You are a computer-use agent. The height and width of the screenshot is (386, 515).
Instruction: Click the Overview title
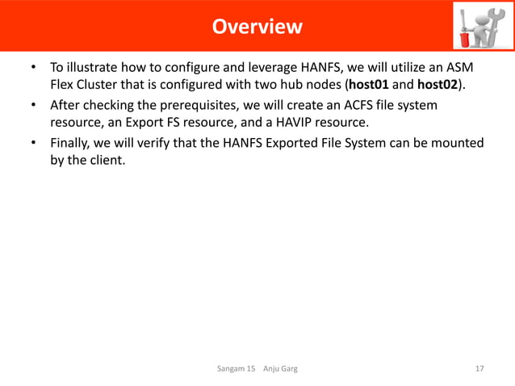point(257,27)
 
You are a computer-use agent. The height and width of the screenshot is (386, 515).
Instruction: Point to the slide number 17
point(479,369)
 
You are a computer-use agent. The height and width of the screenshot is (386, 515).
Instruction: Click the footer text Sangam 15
point(237,369)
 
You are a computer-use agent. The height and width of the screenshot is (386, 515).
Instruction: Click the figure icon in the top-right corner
point(479,27)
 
